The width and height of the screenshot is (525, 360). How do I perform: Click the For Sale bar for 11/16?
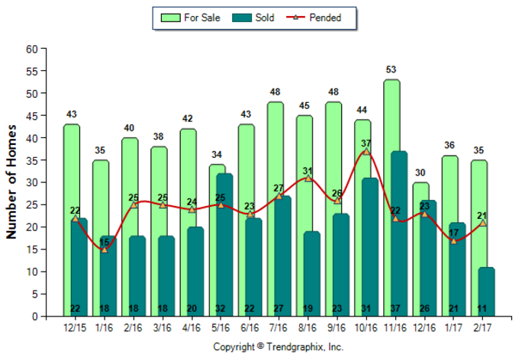(x=391, y=114)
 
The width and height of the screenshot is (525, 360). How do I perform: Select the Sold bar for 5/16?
(x=224, y=244)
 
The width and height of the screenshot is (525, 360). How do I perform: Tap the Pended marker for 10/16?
(x=366, y=151)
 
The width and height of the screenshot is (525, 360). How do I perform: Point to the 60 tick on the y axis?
(x=31, y=49)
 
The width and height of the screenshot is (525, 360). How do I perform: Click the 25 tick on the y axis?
(x=31, y=205)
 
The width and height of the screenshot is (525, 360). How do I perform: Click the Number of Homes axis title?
(x=13, y=183)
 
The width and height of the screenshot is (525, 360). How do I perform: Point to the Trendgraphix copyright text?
(x=278, y=347)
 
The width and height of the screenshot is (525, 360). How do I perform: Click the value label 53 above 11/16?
(x=391, y=70)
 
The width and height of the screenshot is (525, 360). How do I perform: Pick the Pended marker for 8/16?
(x=308, y=178)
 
